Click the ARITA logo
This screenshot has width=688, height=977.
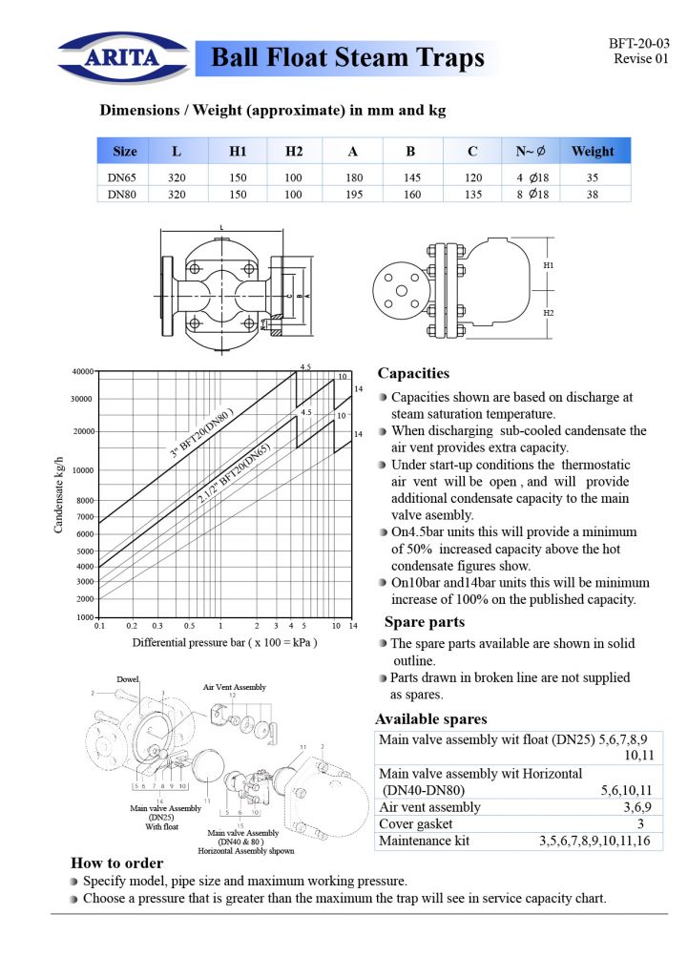coord(123,56)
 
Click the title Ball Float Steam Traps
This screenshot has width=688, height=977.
coord(347,58)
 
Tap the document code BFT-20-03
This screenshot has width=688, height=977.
coord(639,44)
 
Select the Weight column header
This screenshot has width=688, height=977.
coord(593,152)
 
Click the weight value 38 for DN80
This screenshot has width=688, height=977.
coord(593,193)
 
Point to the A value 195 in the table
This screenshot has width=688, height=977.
coord(353,193)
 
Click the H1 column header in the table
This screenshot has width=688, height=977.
coord(238,152)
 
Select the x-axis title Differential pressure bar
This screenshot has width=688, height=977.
coord(224,642)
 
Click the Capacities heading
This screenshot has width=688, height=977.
coord(413,373)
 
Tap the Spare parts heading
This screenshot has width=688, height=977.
coord(425,622)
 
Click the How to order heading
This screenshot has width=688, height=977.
coord(116,863)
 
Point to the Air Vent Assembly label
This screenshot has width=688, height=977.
coord(235,687)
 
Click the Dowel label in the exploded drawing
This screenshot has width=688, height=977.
coord(128,679)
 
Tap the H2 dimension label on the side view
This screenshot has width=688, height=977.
coord(549,313)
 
